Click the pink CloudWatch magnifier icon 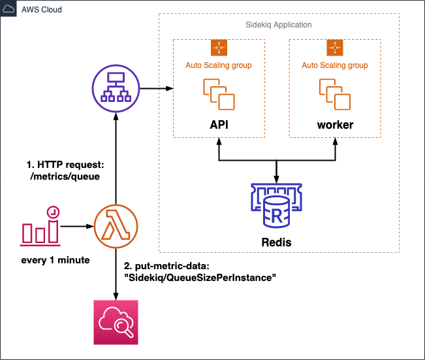coord(116,322)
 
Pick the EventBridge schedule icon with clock coord(41,225)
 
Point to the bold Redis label coord(277,242)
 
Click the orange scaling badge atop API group coord(218,47)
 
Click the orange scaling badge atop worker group coord(334,47)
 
